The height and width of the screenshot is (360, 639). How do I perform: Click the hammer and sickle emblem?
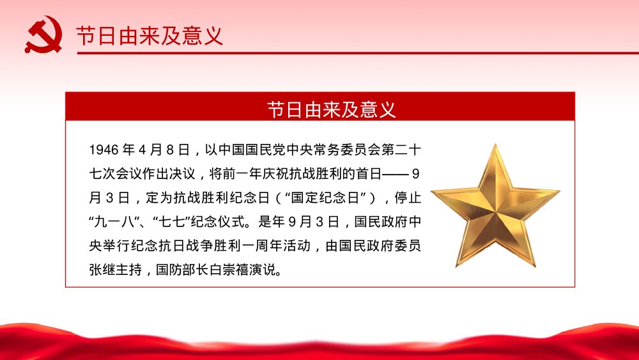click(43, 35)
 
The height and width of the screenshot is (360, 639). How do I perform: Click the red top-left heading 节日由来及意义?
click(150, 35)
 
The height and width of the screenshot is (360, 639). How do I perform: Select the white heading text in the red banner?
click(332, 109)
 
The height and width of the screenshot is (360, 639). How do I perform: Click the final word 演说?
click(275, 269)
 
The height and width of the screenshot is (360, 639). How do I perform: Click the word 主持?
click(136, 269)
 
